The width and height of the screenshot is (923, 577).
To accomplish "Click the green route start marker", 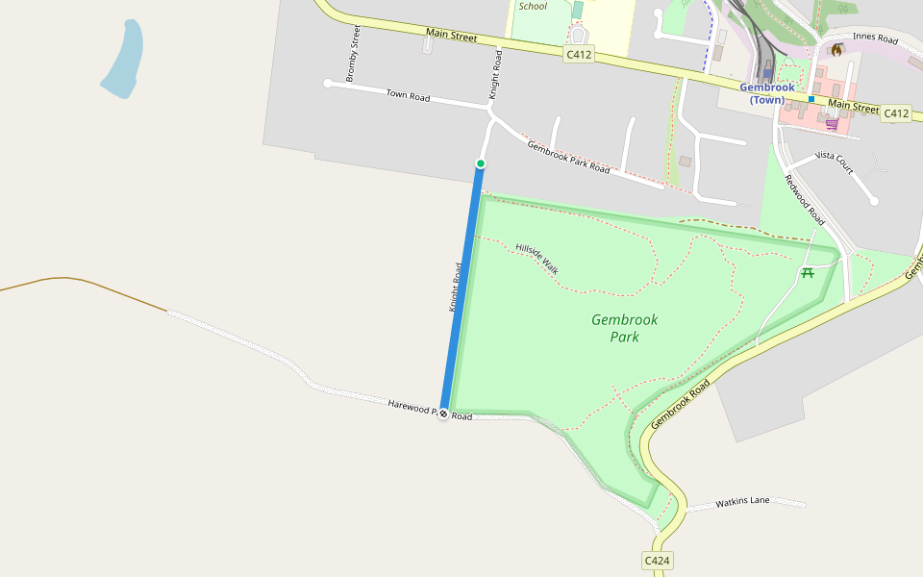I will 481,163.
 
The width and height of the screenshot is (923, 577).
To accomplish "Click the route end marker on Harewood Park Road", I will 443,414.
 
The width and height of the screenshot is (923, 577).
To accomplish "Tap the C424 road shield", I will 657,560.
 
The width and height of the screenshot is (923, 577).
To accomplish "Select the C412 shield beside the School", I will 579,55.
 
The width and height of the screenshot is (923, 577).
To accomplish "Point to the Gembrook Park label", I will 625,328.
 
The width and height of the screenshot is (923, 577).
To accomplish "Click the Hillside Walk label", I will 537,258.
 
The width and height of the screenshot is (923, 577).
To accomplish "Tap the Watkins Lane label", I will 743,502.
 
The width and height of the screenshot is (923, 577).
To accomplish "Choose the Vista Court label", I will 834,162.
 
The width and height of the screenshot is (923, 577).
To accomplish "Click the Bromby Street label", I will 353,54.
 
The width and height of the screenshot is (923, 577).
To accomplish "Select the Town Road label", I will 408,95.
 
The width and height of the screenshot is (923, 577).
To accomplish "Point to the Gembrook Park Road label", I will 568,156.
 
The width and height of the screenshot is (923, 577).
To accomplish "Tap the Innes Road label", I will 874,39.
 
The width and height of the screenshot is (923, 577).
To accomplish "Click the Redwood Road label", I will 805,198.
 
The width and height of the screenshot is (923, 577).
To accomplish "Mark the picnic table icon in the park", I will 808,273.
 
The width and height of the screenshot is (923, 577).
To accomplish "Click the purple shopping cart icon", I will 832,124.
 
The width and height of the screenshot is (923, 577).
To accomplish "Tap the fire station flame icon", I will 836,49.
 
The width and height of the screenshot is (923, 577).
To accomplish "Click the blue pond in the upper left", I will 124,60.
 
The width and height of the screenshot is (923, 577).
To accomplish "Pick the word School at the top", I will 533,6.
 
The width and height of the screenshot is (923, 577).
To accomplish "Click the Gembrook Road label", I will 681,403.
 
